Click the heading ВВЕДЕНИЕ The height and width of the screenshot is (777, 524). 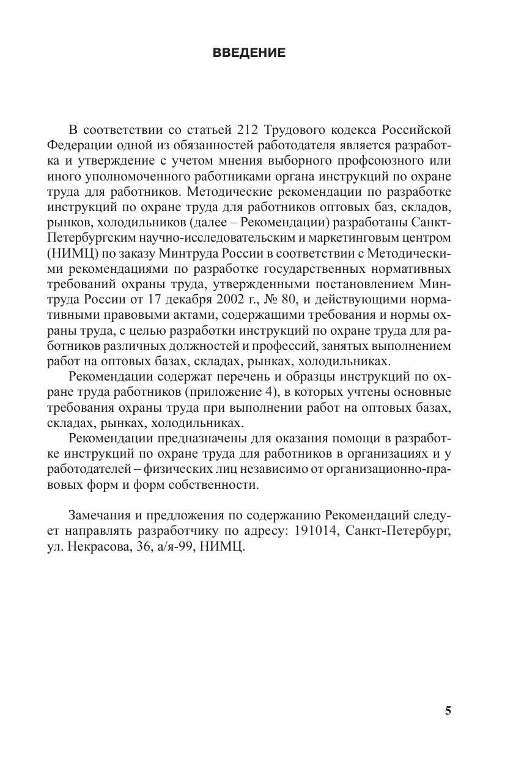click(249, 53)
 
